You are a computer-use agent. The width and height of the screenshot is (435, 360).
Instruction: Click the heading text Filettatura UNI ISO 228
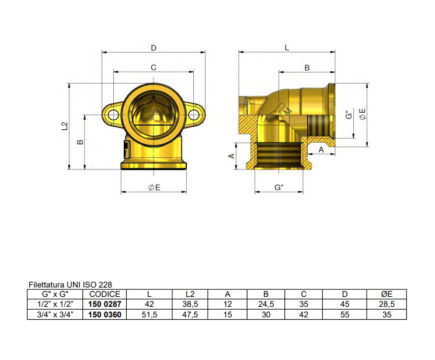[x=74, y=285]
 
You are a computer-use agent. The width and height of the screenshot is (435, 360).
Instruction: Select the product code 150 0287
[x=105, y=304]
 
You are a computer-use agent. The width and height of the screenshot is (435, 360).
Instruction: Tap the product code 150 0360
[x=105, y=314]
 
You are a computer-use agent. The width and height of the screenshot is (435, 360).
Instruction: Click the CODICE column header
[x=105, y=294]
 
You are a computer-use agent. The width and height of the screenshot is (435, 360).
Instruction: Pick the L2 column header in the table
[x=189, y=294]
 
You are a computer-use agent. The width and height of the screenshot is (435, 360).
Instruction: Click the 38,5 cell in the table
[x=189, y=304]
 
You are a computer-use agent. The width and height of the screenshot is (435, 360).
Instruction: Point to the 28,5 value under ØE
[x=386, y=304]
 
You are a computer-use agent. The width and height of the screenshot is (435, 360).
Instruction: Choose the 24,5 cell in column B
[x=266, y=304]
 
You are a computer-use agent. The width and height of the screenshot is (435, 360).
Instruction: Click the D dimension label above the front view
[x=154, y=47]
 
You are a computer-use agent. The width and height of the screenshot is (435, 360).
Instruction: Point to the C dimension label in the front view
[x=154, y=68]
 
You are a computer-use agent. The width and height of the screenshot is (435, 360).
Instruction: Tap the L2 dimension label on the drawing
[x=65, y=126]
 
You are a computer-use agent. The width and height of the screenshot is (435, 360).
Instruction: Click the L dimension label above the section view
[x=287, y=47]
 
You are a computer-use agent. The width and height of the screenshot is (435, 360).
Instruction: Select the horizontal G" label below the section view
[x=279, y=188]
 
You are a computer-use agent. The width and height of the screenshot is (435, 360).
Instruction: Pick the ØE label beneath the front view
[x=154, y=188]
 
